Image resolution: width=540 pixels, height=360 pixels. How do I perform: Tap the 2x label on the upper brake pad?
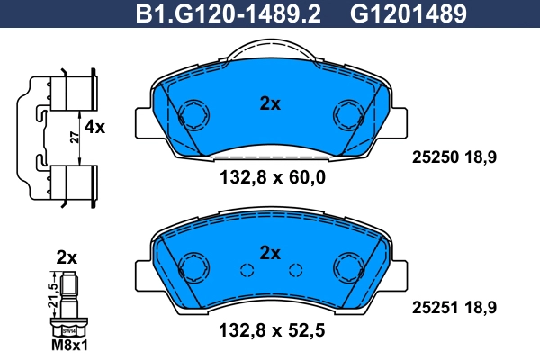pos(270,103)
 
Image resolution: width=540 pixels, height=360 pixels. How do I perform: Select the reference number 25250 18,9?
pos(455,156)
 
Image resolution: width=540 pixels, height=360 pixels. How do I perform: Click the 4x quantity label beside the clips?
pos(94,128)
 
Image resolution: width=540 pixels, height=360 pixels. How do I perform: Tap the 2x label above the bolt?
pos(67,257)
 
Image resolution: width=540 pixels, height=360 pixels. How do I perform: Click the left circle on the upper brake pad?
pos(192,115)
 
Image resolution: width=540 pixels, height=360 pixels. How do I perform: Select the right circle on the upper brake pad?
pos(347,115)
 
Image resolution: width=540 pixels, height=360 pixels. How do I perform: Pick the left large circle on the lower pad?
pos(192,266)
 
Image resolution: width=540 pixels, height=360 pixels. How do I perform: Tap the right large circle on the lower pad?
pos(347,266)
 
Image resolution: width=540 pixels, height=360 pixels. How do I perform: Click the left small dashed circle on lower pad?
pos(247,271)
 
